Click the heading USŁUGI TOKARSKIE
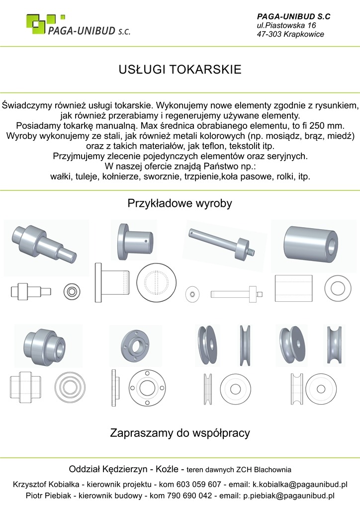180,69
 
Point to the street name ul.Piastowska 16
286,25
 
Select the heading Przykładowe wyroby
180,203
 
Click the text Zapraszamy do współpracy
180,433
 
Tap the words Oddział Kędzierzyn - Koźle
126,469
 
